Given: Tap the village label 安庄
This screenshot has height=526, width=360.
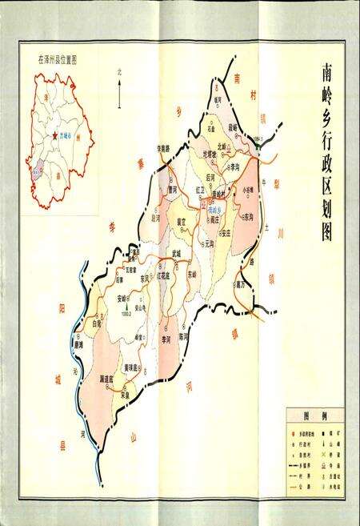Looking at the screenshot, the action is click(226, 234).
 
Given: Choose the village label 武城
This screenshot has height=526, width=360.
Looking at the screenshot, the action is click(177, 254).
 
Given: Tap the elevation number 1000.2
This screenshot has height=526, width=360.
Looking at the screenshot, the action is click(126, 313).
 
